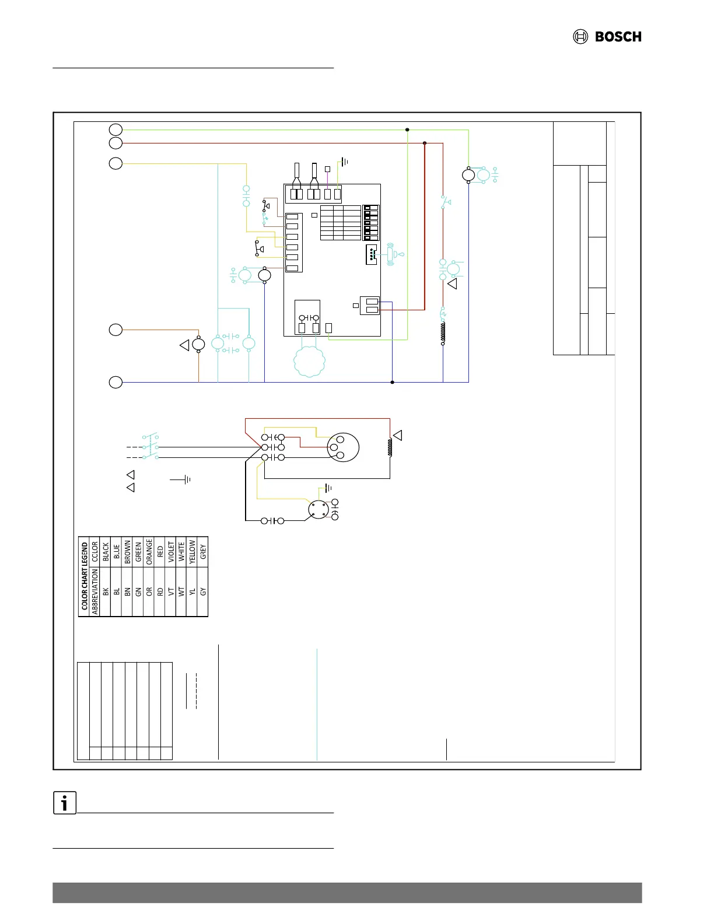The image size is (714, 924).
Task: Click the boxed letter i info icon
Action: tap(65, 803)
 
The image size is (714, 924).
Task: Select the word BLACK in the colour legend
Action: tap(106, 551)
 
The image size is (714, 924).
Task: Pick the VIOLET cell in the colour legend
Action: tap(170, 551)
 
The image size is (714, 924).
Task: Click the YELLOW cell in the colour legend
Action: tap(192, 551)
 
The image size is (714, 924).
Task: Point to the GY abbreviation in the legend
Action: tap(203, 591)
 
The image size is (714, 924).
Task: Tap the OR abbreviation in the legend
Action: tap(149, 591)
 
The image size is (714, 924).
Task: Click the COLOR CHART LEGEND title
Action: tap(84, 576)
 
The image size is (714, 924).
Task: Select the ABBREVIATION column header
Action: tap(95, 591)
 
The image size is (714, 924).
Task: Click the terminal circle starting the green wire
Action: tap(116, 129)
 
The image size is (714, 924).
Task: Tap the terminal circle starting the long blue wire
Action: tap(116, 382)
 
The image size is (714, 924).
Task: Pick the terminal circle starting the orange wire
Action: tap(116, 330)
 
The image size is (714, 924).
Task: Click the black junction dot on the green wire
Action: tap(407, 129)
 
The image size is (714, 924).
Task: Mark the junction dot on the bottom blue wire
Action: tap(392, 382)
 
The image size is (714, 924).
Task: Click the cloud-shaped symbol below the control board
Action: tap(309, 362)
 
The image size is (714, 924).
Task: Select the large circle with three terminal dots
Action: tap(343, 447)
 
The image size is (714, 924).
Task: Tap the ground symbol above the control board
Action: tap(344, 162)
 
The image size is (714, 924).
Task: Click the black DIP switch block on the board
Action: tap(371, 223)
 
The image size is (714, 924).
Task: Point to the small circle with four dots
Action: tap(318, 509)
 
